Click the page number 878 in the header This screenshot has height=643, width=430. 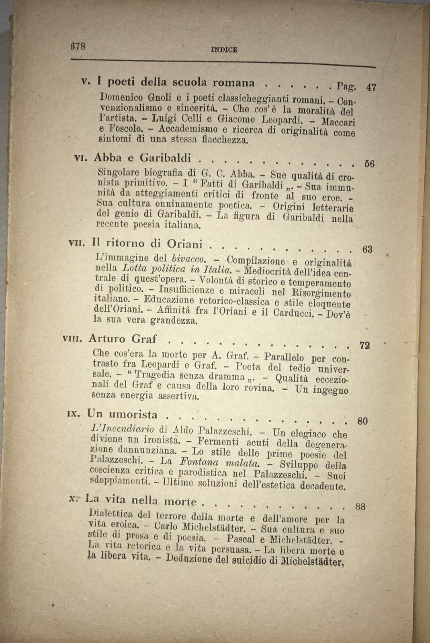tap(78, 46)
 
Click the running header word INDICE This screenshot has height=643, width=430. tap(224, 50)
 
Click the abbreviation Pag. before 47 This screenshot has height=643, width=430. tap(346, 86)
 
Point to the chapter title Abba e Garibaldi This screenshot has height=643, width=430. tap(142, 158)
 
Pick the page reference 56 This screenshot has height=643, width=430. tap(369, 164)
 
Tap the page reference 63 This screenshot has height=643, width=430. tap(367, 249)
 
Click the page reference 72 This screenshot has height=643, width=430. tap(364, 345)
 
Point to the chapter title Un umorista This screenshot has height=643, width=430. tap(122, 414)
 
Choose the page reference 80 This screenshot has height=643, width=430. tap(362, 421)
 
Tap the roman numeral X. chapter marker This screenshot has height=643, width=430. tap(74, 498)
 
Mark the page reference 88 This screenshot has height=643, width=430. tap(360, 506)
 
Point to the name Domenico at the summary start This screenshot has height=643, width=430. tap(119, 97)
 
